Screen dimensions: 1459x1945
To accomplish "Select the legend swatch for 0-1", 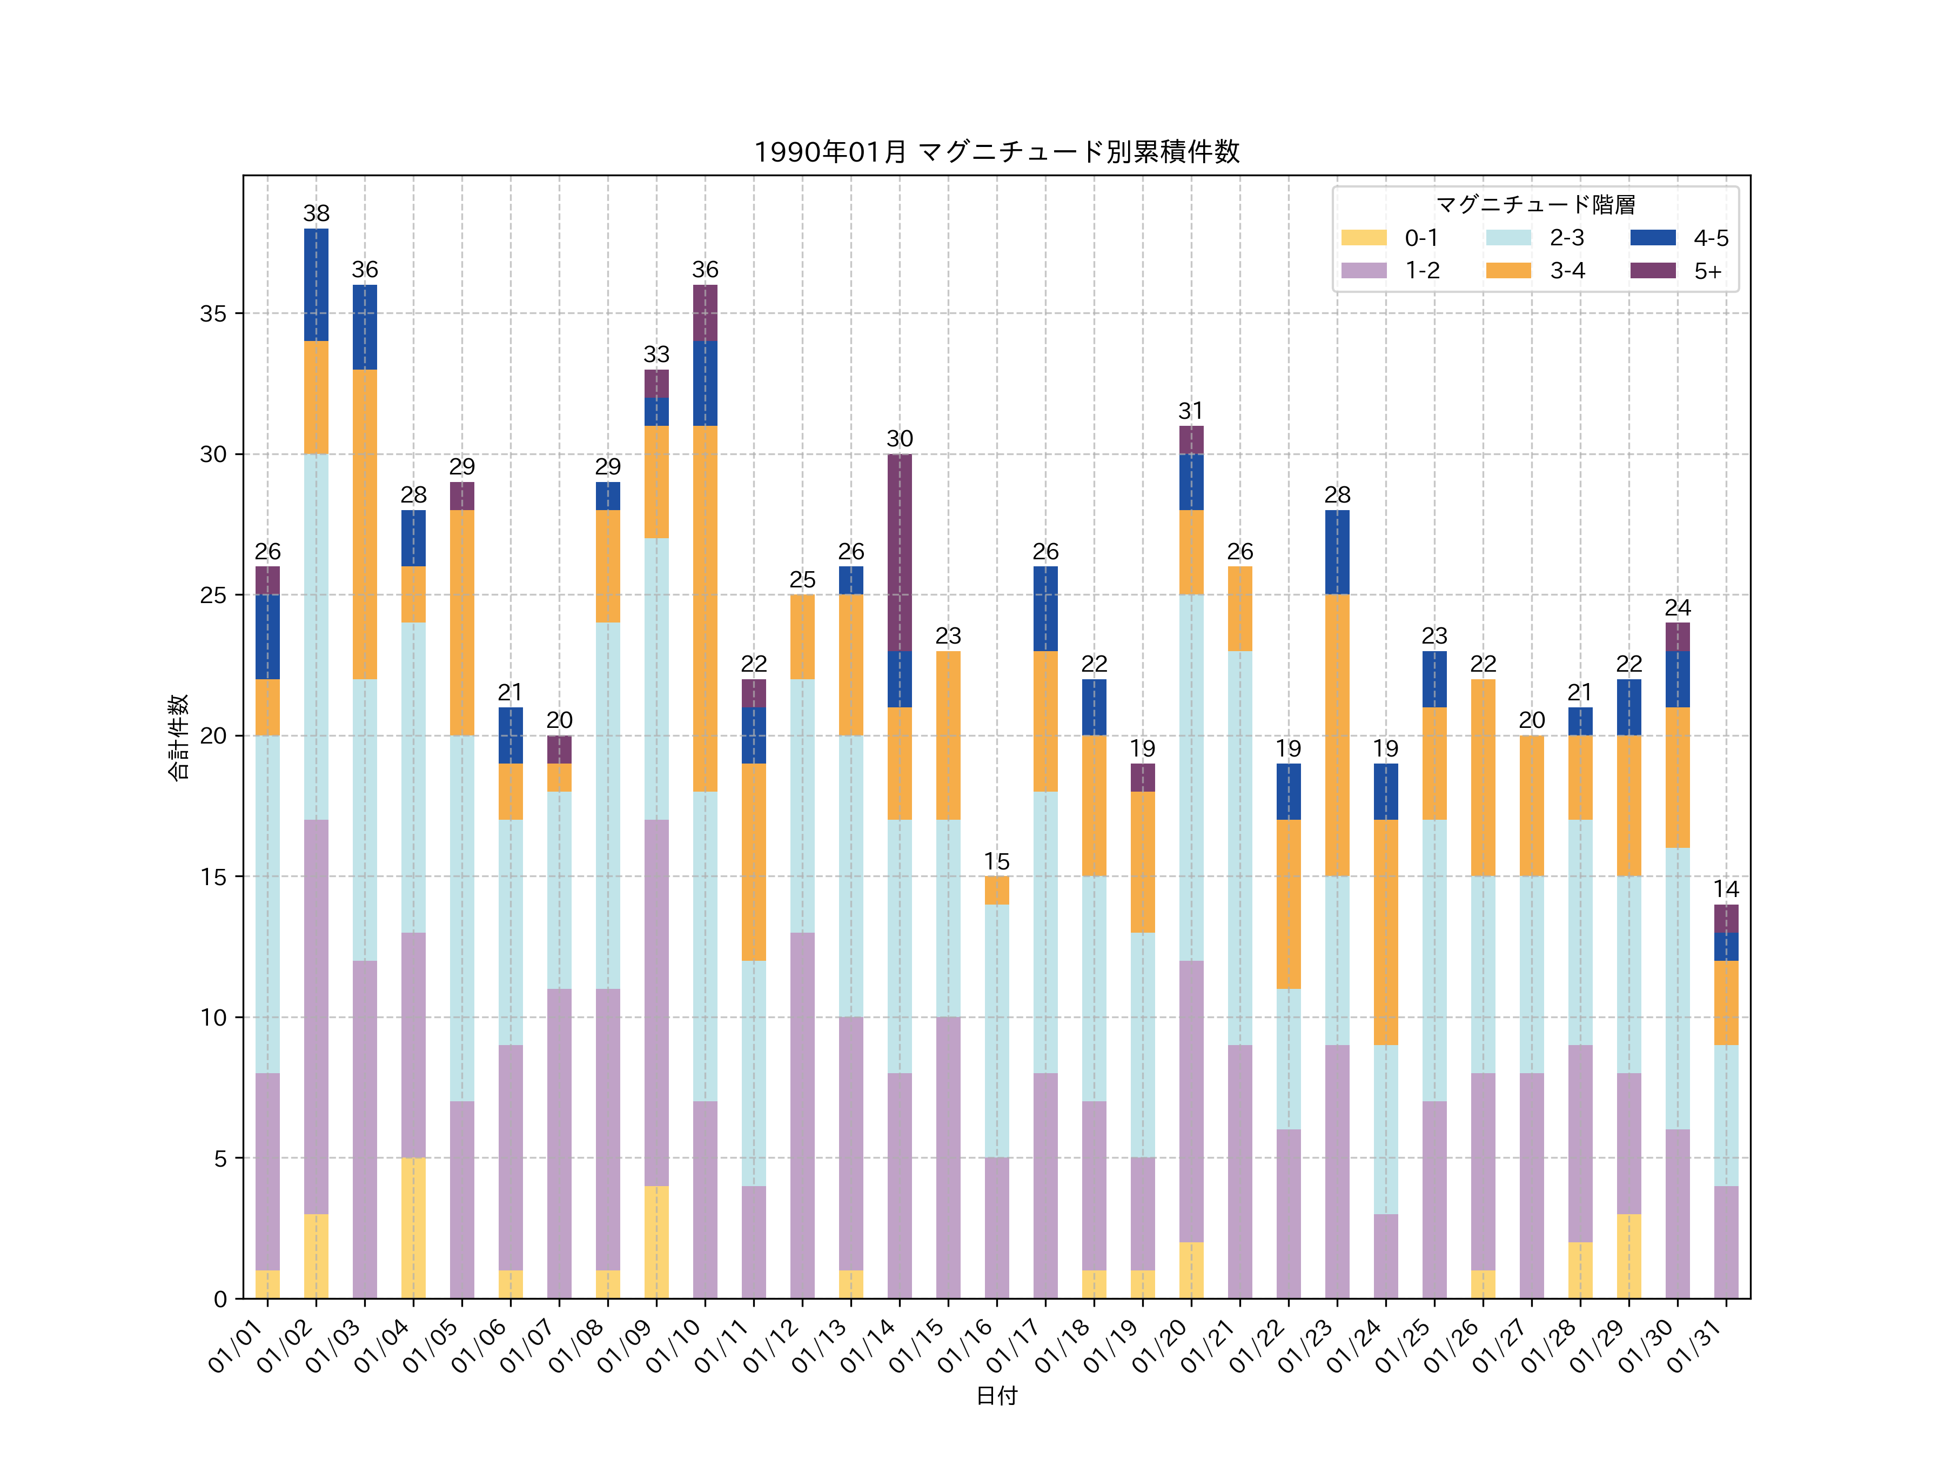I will [1363, 237].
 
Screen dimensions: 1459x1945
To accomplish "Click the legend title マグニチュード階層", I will [1535, 205].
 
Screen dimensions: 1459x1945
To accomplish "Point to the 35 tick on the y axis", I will [213, 314].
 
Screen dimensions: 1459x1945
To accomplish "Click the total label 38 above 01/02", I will [317, 213].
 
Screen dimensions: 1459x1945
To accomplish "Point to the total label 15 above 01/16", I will [996, 862].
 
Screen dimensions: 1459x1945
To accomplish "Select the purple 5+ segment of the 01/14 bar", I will [900, 552].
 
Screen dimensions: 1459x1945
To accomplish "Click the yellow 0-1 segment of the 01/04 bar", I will [413, 1228].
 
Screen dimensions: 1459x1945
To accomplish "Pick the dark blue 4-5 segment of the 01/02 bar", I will [317, 285].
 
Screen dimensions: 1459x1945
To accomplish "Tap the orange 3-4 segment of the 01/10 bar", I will [705, 608].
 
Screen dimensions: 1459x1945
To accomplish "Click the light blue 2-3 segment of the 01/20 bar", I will [1191, 778].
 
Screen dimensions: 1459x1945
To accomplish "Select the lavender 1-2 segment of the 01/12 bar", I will [802, 1115].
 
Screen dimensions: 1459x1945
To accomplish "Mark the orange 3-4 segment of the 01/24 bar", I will [1386, 932].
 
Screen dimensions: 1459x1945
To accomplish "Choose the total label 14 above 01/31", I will [1726, 890].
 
